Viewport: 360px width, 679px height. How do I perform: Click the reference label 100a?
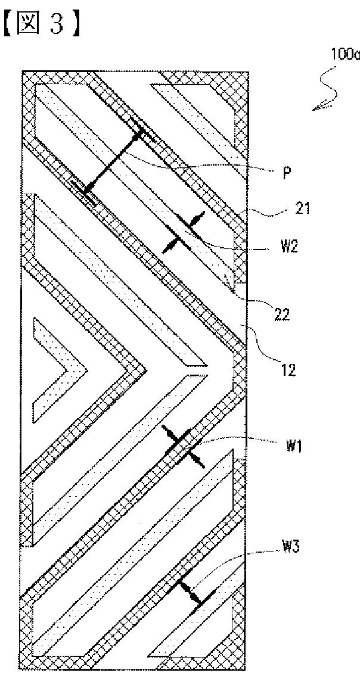pos(345,55)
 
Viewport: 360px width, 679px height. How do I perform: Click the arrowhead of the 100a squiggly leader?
pos(316,107)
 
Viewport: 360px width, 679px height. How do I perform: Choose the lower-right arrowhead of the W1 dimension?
pos(197,462)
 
